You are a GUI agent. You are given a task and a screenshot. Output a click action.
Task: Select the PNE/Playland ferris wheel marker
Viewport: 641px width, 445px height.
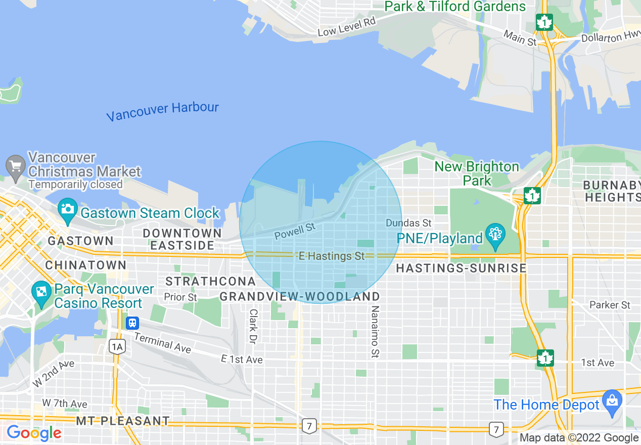pos(495,236)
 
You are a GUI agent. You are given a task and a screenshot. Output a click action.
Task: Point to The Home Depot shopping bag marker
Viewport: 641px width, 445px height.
pos(612,403)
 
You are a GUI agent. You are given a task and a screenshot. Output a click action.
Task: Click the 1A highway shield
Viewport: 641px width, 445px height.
pos(117,346)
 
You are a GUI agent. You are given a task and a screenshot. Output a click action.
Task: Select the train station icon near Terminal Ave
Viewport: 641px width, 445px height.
pos(133,322)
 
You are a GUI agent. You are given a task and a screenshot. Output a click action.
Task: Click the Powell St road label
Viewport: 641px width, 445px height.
pos(295,231)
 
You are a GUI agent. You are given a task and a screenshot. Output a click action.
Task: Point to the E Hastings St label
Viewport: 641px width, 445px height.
pos(332,256)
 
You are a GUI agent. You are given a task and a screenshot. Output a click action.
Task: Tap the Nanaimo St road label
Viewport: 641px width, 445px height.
pos(375,331)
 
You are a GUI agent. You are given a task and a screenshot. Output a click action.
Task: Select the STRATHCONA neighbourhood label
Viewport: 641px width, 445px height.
pos(211,281)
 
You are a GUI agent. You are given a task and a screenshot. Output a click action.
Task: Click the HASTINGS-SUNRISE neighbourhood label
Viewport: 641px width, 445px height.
pos(461,269)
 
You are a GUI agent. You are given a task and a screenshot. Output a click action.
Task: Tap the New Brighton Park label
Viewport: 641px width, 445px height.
pos(477,173)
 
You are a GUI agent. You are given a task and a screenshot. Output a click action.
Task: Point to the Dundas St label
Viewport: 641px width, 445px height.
pos(408,223)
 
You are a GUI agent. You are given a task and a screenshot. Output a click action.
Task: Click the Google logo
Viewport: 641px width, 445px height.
pos(34,433)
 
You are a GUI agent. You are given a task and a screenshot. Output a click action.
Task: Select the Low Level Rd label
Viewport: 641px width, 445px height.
pos(347,26)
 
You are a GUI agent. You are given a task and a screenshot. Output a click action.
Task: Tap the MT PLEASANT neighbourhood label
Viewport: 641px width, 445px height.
pos(123,421)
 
